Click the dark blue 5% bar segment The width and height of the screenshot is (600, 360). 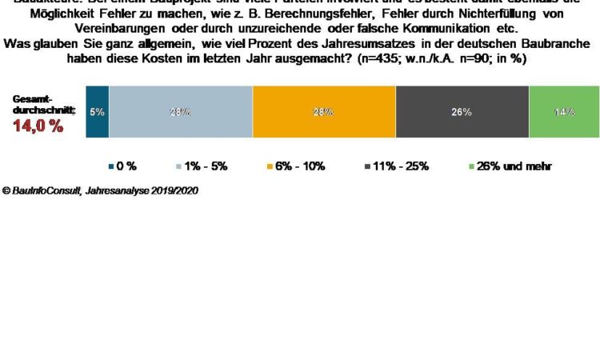point(97,112)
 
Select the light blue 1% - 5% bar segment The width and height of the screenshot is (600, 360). point(180,112)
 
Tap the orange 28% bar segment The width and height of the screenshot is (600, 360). point(323,112)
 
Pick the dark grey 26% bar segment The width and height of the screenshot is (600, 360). point(462,112)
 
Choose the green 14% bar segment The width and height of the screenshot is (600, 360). point(564,112)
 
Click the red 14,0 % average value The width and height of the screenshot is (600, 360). point(38,125)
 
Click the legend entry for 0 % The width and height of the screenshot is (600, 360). point(122,166)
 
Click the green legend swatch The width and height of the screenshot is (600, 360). point(470,166)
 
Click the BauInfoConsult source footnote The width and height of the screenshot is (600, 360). point(100,190)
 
